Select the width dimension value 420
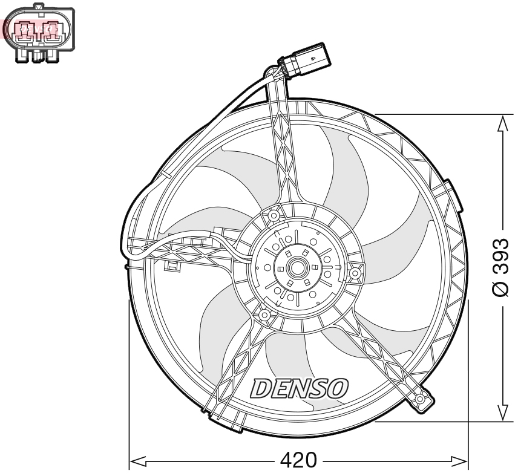298,461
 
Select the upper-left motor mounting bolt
274,215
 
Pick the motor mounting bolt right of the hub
355,274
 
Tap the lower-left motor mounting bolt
264,315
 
